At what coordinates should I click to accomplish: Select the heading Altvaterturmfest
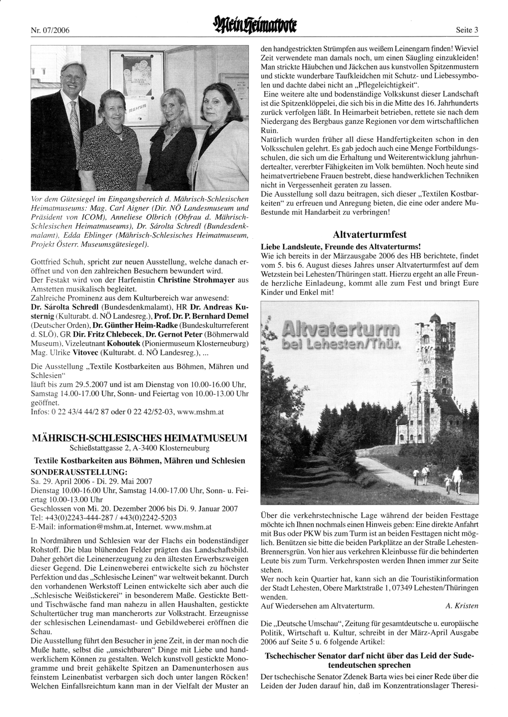click(369, 235)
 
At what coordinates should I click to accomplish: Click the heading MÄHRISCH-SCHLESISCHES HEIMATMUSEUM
click(139, 438)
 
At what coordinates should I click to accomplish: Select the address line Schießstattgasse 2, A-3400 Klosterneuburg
click(139, 448)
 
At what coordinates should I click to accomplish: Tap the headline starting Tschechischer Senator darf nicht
click(369, 660)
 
